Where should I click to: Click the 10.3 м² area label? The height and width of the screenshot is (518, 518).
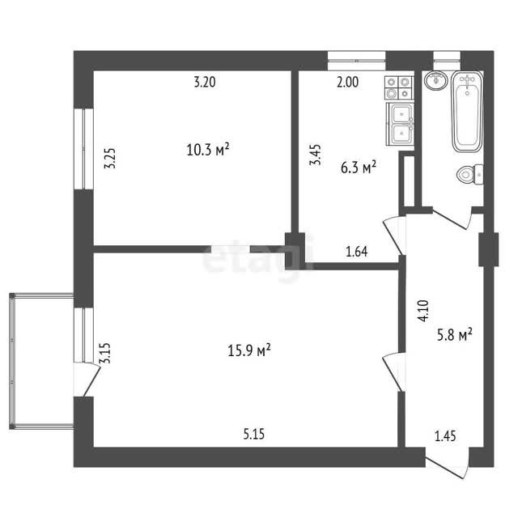coord(208,150)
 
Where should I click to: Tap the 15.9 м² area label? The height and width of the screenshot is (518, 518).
coord(249,350)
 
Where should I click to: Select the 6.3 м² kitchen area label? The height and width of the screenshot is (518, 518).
coord(359,168)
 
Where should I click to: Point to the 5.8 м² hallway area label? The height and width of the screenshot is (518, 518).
coord(455,334)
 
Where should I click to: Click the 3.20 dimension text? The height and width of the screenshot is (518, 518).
coord(205,82)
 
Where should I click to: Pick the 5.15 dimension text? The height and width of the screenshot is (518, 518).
coord(254,434)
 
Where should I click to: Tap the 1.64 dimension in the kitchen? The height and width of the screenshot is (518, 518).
coord(357,252)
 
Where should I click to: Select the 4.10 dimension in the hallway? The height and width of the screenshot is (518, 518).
coord(423,310)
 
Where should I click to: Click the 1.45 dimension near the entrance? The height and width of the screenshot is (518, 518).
coord(445,436)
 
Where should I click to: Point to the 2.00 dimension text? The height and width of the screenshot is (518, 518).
coord(347,82)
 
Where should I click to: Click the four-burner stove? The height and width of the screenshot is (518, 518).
coord(399,87)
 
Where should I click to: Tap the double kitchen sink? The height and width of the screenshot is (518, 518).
coord(400,124)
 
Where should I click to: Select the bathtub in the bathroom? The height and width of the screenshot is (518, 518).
coord(467,112)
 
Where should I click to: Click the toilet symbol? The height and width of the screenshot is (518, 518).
coord(469,174)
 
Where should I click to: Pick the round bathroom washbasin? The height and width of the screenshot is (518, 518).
coord(436,80)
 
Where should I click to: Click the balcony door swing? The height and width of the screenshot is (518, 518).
coord(87,380)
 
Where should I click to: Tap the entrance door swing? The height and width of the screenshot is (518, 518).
coord(448,464)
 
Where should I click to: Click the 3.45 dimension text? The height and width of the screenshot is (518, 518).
coord(315,155)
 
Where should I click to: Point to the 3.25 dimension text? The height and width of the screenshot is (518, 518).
coord(110,159)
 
